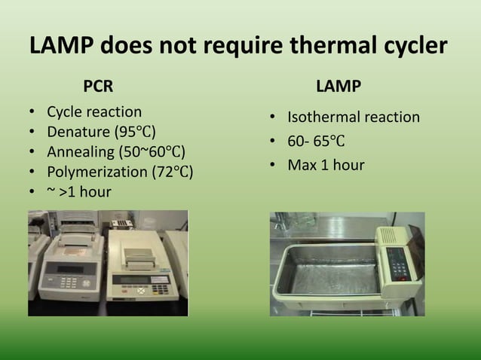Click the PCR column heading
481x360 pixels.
pyautogui.click(x=99, y=86)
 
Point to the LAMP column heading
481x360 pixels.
pyautogui.click(x=339, y=86)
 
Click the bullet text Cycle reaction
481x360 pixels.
pyautogui.click(x=94, y=112)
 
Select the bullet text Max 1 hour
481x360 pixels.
pyautogui.click(x=326, y=164)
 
